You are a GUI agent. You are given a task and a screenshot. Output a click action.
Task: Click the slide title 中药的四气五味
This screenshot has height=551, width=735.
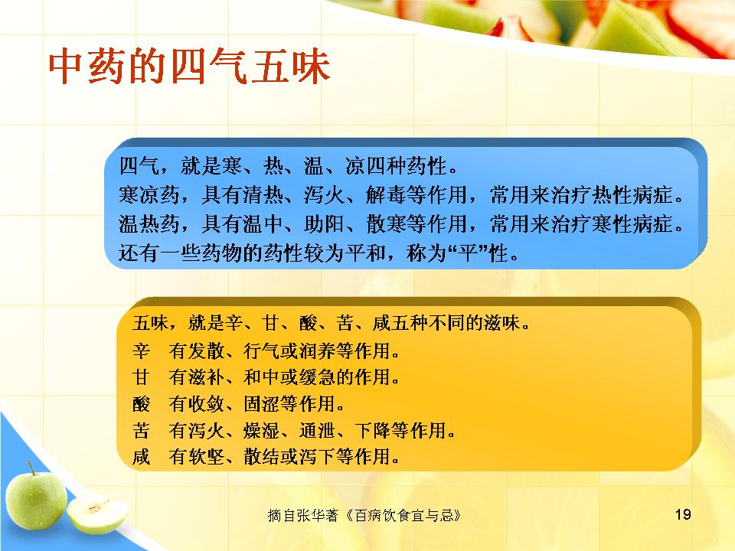[x=189, y=67]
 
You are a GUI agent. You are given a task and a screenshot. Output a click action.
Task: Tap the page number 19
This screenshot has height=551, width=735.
[x=683, y=514]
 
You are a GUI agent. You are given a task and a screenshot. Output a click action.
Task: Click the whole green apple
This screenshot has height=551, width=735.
[x=36, y=500]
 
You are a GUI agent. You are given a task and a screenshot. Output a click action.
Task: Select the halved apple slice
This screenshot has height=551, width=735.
[x=97, y=514]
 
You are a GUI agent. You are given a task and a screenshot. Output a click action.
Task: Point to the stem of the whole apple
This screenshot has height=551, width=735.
[x=31, y=468]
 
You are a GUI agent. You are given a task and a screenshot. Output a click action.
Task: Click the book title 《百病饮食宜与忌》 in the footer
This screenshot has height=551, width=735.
[x=403, y=515]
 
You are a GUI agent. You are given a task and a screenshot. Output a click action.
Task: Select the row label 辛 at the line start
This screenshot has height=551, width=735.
[x=141, y=350]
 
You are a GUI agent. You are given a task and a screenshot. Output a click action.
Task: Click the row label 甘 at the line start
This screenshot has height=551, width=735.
[x=141, y=377]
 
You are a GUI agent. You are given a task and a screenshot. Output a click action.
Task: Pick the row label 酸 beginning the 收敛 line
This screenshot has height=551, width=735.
[x=141, y=403]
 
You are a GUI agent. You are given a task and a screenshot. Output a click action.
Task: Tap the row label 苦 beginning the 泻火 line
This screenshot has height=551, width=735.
[x=141, y=429]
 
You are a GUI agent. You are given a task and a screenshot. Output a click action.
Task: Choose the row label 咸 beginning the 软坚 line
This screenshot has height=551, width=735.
[x=141, y=456]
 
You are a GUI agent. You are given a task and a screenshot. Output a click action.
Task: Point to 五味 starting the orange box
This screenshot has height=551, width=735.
[x=150, y=323]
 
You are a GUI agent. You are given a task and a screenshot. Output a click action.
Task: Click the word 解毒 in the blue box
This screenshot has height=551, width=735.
[x=386, y=195]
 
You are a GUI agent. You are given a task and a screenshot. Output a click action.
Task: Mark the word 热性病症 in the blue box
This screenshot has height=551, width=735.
[x=633, y=195]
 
